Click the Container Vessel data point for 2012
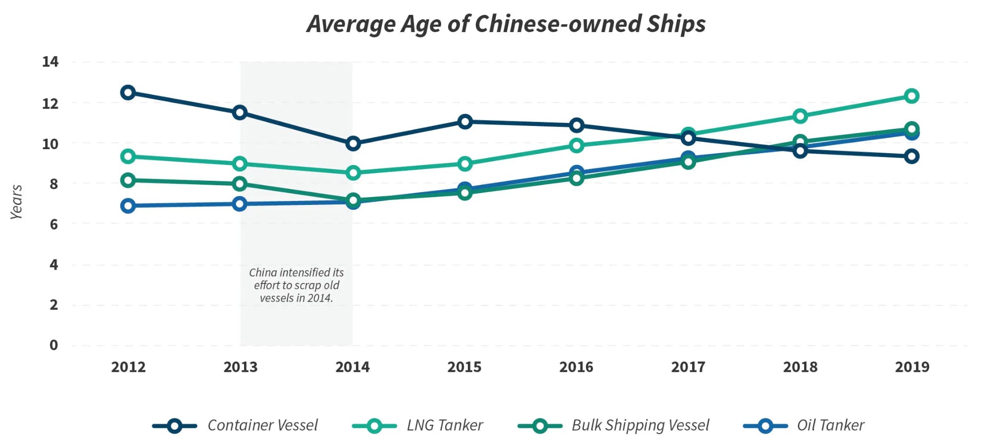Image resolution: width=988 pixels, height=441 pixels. (128, 92)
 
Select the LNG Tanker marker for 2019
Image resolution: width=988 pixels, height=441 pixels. (911, 96)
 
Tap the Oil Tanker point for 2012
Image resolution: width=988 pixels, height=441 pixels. (128, 206)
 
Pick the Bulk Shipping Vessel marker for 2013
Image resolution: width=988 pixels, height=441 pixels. (240, 184)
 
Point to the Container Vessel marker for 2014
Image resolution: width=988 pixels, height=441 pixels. (353, 144)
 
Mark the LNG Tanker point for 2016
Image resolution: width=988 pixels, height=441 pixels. (576, 145)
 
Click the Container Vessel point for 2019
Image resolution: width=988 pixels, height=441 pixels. (911, 157)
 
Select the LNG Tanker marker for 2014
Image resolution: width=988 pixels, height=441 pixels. (353, 173)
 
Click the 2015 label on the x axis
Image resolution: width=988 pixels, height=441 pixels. (464, 367)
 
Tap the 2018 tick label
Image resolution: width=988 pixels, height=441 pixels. (800, 367)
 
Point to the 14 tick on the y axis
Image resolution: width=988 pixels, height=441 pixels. (50, 62)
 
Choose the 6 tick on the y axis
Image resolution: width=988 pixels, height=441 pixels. (53, 224)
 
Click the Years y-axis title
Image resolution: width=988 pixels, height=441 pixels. (16, 202)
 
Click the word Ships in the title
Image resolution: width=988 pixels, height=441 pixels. (676, 24)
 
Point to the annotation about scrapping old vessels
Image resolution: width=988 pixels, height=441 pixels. (296, 285)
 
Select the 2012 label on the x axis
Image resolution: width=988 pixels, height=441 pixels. (128, 367)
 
